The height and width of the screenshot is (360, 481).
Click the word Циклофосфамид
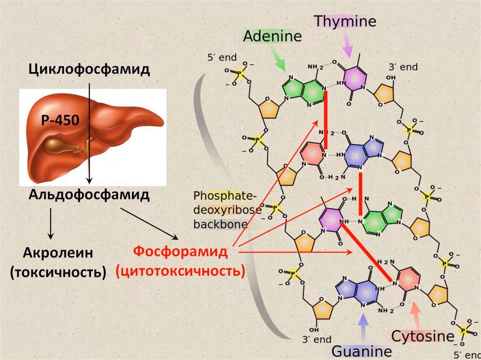[89, 69]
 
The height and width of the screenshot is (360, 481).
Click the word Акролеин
[58, 253]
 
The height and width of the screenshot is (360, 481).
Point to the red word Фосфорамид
[180, 252]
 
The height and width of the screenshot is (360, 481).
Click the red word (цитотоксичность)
[180, 271]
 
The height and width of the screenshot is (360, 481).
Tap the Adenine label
[272, 37]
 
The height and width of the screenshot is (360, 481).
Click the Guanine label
[362, 351]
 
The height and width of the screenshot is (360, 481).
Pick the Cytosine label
[423, 336]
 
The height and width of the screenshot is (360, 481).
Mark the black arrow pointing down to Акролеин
[50, 225]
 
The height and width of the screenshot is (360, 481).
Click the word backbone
[220, 224]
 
